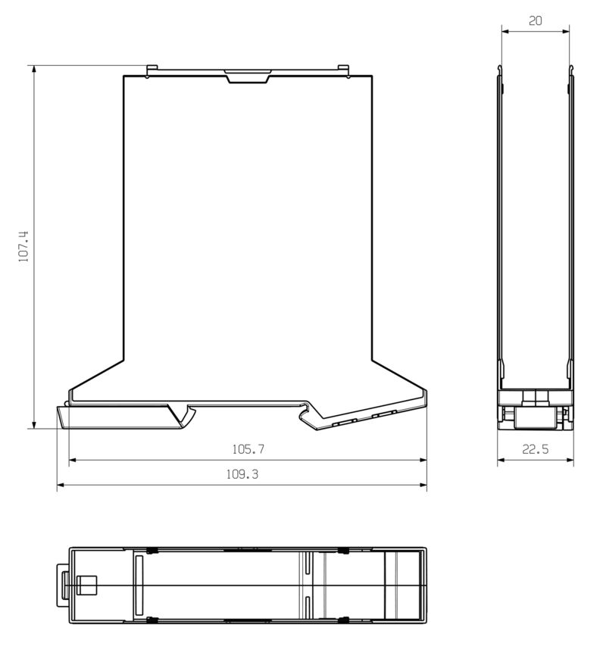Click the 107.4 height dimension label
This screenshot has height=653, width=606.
23,246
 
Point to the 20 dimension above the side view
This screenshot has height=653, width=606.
535,21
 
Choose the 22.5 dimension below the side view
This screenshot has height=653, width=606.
535,449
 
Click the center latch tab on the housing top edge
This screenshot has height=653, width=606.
247,76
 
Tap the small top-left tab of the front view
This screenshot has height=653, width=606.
151,70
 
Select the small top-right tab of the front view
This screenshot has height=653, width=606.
345,70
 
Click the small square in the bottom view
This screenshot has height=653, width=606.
86,585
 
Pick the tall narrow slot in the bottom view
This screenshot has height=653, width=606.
138,585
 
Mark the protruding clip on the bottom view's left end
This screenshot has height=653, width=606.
61,585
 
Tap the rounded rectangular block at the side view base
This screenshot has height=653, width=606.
535,417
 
